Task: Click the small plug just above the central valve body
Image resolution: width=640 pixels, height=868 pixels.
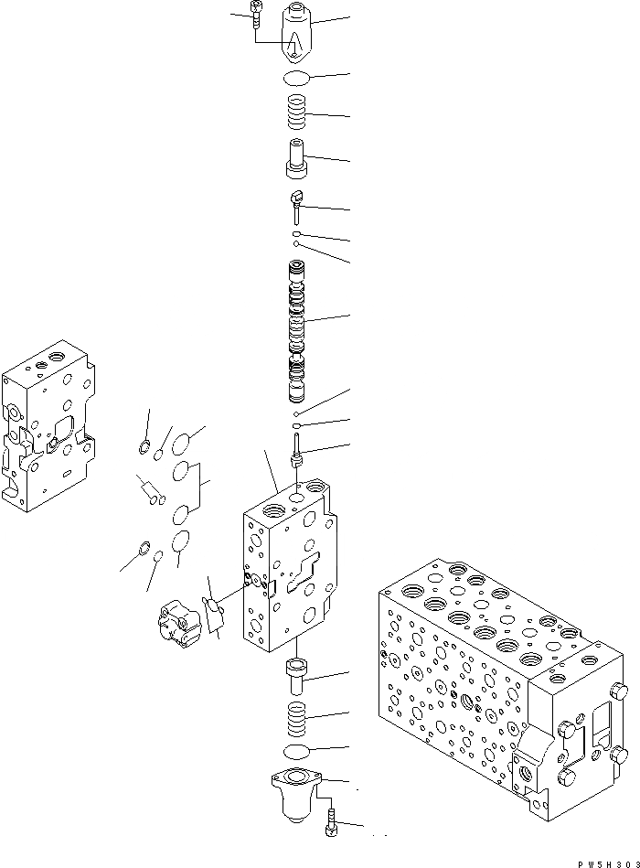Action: pos(297,451)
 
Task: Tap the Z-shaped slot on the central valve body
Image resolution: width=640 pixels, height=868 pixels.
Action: pos(301,572)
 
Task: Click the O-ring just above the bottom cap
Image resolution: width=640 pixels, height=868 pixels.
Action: pos(296,752)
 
